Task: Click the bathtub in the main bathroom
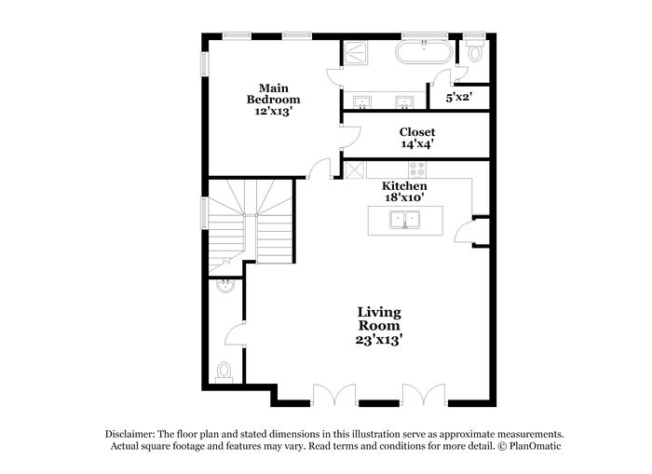click(426, 51)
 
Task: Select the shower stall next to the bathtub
click(357, 53)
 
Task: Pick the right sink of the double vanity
click(405, 101)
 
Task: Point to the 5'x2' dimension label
click(459, 97)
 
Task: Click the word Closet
click(417, 132)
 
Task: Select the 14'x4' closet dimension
click(417, 144)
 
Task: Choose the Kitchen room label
click(405, 186)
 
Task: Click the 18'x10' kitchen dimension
click(405, 198)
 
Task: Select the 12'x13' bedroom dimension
click(273, 111)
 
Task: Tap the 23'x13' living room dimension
click(379, 340)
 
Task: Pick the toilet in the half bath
click(223, 372)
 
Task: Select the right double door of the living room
click(424, 394)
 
